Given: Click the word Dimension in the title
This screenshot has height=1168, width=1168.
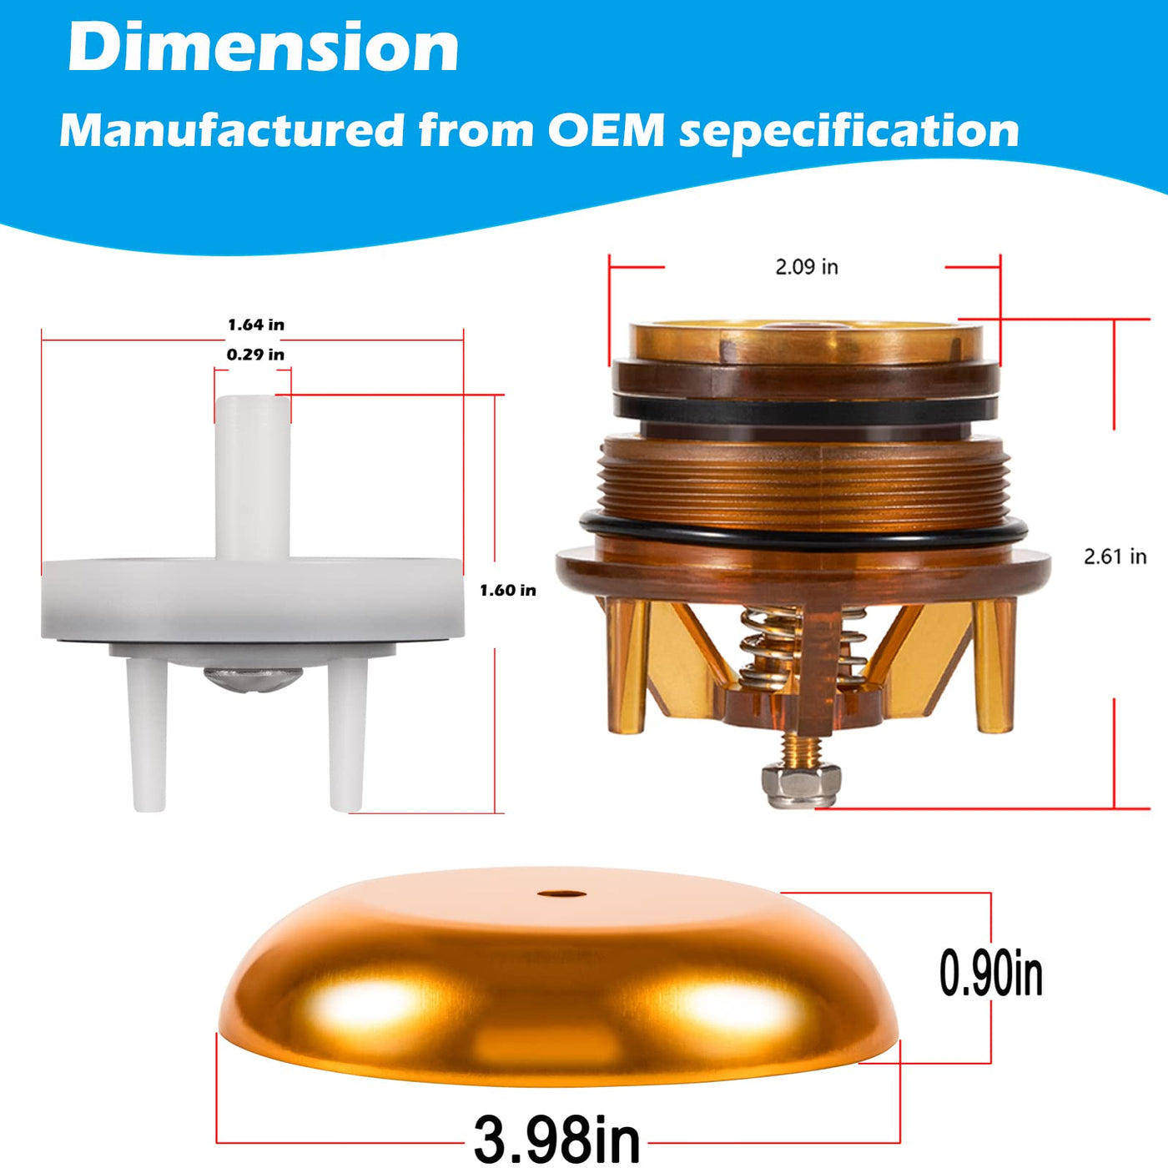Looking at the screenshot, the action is [264, 48].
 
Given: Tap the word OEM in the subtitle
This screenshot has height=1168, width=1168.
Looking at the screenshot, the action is [606, 129].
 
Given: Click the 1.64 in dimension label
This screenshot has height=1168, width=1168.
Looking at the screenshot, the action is [256, 325].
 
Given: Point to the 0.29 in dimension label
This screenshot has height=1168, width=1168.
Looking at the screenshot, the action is [256, 355].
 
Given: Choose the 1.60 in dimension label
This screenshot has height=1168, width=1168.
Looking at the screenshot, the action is [508, 591].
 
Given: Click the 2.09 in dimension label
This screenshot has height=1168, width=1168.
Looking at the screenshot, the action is [807, 267].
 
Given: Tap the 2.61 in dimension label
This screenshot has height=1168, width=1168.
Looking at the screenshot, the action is [1115, 556].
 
